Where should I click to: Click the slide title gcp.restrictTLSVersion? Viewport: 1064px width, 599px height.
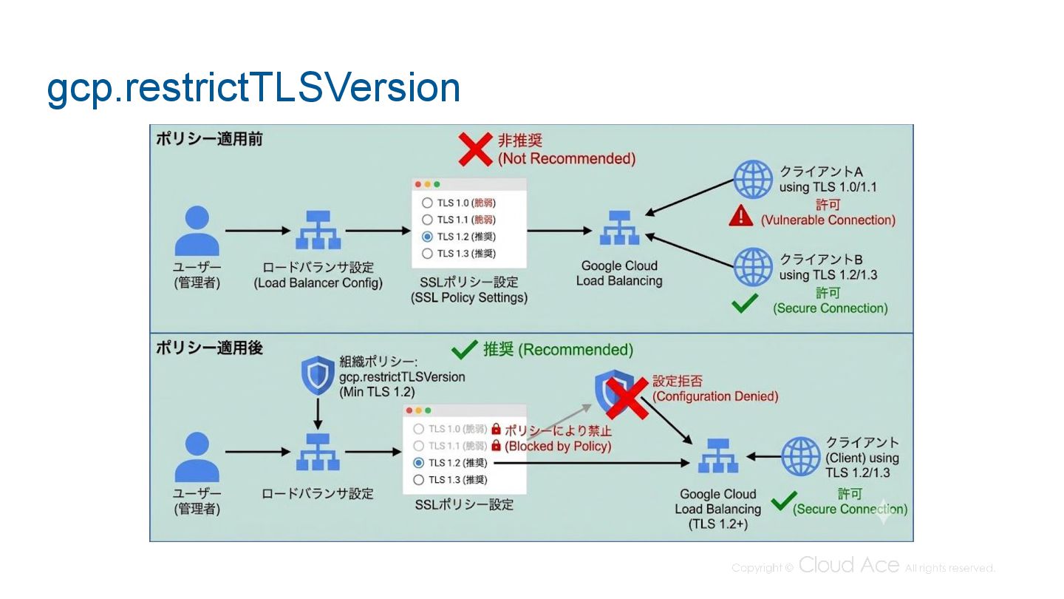click(x=253, y=88)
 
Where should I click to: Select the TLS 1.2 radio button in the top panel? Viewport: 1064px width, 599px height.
click(x=427, y=237)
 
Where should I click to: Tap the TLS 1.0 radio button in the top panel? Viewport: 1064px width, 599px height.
click(x=427, y=203)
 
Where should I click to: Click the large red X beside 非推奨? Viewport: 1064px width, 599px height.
click(x=476, y=149)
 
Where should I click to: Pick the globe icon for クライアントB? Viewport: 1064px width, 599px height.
click(x=752, y=267)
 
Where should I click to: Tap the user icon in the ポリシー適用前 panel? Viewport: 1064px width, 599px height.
click(x=197, y=230)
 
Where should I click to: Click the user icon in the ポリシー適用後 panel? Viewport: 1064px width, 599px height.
click(x=197, y=457)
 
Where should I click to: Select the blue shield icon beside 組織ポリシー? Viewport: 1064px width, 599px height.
click(x=318, y=376)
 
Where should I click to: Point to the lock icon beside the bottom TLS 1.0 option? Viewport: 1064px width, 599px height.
click(x=496, y=429)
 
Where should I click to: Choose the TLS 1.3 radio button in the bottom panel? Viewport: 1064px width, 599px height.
click(x=419, y=480)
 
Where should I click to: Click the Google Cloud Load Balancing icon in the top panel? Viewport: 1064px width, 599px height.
click(x=618, y=229)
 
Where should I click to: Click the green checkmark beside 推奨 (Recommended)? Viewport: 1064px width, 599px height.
click(x=465, y=349)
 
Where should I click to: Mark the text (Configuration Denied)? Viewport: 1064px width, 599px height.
click(x=715, y=396)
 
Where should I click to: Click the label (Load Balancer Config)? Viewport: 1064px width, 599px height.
click(x=318, y=283)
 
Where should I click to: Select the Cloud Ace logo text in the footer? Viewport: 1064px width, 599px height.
click(x=849, y=566)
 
